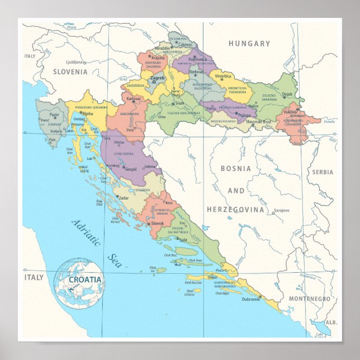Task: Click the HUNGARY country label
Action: pyautogui.click(x=249, y=44)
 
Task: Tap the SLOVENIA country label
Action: pyautogui.click(x=70, y=72)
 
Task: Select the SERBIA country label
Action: pyautogui.click(x=322, y=172)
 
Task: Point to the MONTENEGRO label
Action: pyautogui.click(x=310, y=299)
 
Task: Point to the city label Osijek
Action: pyautogui.click(x=287, y=94)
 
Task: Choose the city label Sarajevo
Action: pyautogui.click(x=281, y=211)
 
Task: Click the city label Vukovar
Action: pyautogui.click(x=290, y=111)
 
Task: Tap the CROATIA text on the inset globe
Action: pyautogui.click(x=85, y=279)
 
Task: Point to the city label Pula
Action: pyautogui.click(x=53, y=140)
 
